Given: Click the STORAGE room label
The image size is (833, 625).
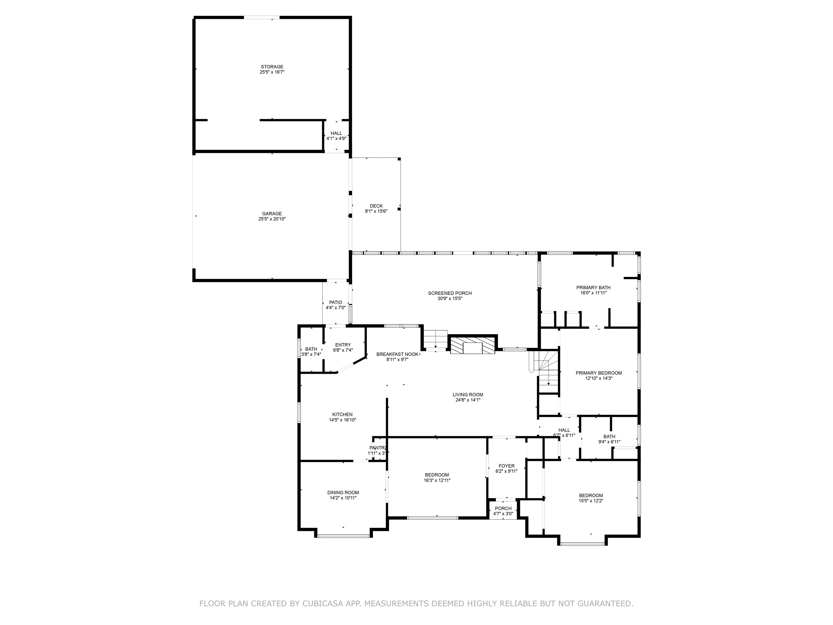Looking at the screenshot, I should coord(272,67).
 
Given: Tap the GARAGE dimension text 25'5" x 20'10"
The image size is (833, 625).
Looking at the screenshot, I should coord(272,219).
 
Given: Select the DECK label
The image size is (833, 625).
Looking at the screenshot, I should coord(376,206).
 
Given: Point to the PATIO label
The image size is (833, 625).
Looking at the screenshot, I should coord(335,302).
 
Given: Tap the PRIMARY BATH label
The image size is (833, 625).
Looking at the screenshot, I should coord(593,288).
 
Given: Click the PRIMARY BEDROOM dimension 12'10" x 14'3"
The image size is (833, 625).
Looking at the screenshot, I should coord(598,378).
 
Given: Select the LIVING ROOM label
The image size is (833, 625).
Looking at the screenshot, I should coord(468,394).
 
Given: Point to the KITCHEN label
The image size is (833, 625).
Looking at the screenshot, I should coord(342,414).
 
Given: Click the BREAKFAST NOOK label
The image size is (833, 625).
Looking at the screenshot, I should coord(397,354).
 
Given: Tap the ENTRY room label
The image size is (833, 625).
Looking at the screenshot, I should coord(343,345).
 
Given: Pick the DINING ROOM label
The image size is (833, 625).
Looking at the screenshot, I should coord(343,492).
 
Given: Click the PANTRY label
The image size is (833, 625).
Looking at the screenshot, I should coord(378,448).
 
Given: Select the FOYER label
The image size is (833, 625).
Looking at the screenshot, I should coord(506,466).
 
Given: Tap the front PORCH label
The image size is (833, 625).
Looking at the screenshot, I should coord(503,508).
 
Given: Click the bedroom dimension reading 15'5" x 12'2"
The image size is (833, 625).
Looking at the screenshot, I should coord(591,501).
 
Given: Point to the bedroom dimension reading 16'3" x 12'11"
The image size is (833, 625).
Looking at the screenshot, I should coord(437,480).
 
